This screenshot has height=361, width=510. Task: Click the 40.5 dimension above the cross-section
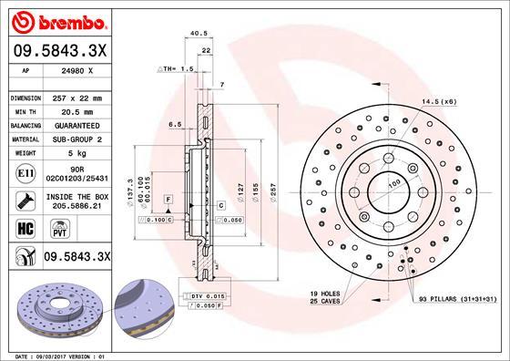click(195, 35)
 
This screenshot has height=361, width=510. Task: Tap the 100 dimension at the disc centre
click(394, 184)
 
